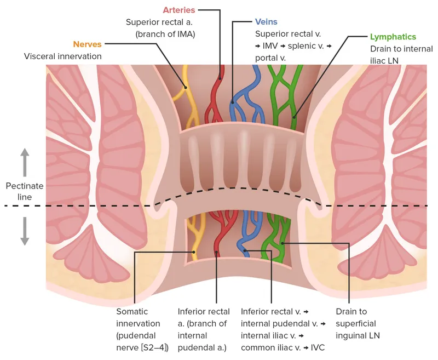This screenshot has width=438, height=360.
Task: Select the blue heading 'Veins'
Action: click(266, 22)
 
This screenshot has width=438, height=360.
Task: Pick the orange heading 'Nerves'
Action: click(89, 44)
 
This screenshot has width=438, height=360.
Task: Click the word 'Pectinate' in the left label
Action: click(25, 186)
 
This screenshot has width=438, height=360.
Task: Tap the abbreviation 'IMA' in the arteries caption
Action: click(186, 34)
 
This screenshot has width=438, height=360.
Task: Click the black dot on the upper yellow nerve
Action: click(186, 87)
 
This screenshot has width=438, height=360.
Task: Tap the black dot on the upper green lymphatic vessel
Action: click(294, 116)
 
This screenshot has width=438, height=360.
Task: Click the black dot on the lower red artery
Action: click(217, 253)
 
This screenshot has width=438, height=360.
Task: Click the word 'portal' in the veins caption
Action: click(266, 58)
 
